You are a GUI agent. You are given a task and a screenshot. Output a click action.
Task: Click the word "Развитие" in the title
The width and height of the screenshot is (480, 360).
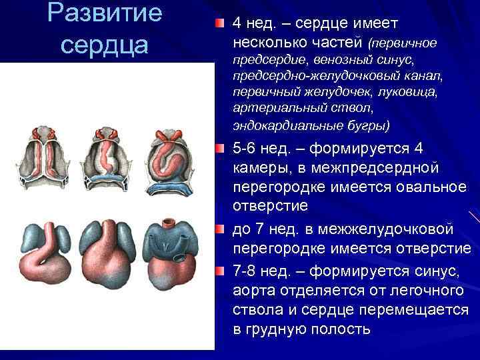106,14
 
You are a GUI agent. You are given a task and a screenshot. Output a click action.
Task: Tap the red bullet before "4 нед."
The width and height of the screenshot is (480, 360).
220,23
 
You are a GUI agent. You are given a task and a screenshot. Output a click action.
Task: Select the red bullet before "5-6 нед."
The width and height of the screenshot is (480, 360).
220,147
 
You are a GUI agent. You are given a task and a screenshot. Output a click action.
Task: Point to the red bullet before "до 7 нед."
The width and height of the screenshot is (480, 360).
220,230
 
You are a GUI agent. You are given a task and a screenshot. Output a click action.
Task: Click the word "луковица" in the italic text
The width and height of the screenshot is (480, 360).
414,92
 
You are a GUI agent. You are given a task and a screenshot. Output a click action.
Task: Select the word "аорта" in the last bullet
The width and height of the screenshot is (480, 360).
254,293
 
